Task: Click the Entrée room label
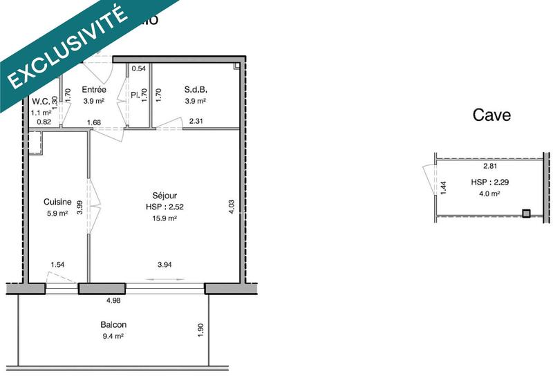pyautogui.click(x=93, y=90)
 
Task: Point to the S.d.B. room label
pyautogui.click(x=196, y=90)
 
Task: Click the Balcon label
pyautogui.click(x=113, y=325)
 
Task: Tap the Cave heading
pyautogui.click(x=491, y=115)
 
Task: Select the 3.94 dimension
pyautogui.click(x=165, y=264)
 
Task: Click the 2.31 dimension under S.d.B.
pyautogui.click(x=197, y=122)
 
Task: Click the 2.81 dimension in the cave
pyautogui.click(x=490, y=167)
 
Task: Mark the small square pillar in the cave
pyautogui.click(x=527, y=214)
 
